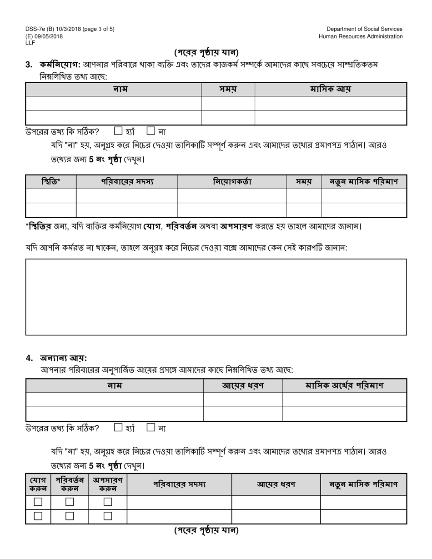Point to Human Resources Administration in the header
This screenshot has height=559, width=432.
click(x=360, y=36)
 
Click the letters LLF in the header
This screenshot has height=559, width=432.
click(x=30, y=43)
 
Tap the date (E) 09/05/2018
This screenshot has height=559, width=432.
click(x=44, y=36)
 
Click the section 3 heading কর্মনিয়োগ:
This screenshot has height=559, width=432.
click(x=60, y=65)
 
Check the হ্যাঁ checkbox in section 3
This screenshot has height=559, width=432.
click(x=118, y=131)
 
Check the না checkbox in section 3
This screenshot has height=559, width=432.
click(x=151, y=131)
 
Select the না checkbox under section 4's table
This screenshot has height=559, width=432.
click(x=151, y=428)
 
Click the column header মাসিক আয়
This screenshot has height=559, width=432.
click(x=331, y=90)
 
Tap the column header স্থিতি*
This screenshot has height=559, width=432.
click(x=51, y=182)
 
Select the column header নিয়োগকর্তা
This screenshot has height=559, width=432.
click(x=232, y=182)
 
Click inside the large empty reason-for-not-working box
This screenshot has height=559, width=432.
click(x=216, y=297)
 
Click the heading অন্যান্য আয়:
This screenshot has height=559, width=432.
click(x=63, y=358)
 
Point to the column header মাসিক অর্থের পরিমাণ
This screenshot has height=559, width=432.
click(x=344, y=386)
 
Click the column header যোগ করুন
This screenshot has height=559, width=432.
click(x=38, y=484)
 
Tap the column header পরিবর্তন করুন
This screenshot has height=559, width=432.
click(x=70, y=484)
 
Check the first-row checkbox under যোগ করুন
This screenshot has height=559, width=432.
click(x=38, y=502)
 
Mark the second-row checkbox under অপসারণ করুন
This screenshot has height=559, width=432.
click(x=108, y=516)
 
